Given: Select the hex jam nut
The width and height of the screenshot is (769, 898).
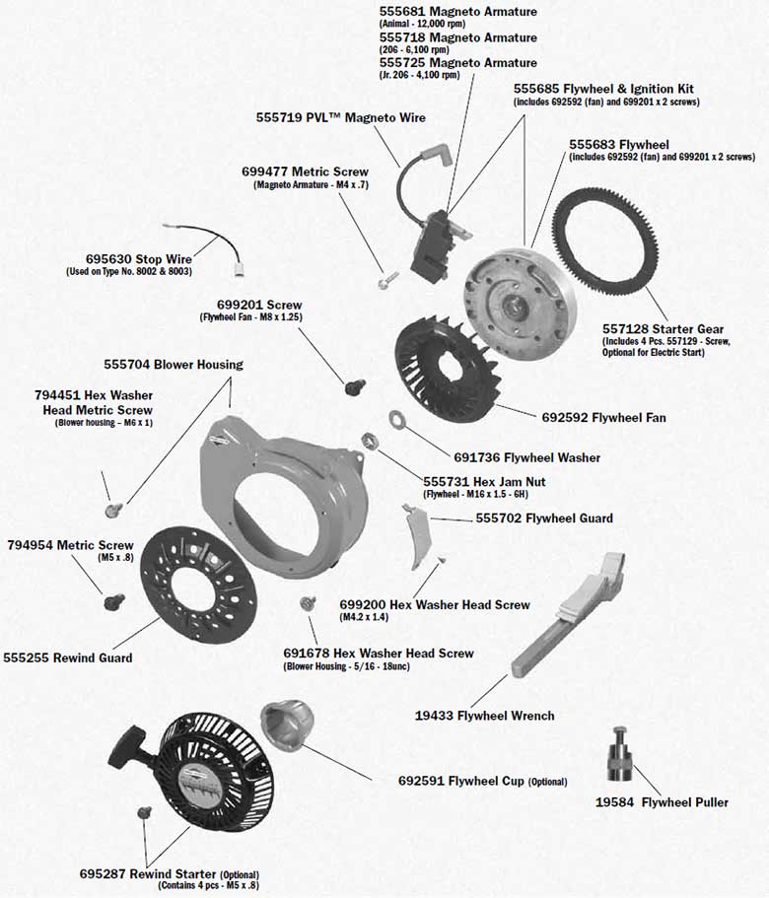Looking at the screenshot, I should coord(373,440).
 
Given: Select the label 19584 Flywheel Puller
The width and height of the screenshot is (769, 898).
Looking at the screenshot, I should coord(662,802).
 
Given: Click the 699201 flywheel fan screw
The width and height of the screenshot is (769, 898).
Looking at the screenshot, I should coord(350,386).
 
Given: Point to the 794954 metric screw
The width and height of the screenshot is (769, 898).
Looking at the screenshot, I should coord(113,597).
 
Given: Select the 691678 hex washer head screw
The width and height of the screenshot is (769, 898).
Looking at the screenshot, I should coord(305,602).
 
